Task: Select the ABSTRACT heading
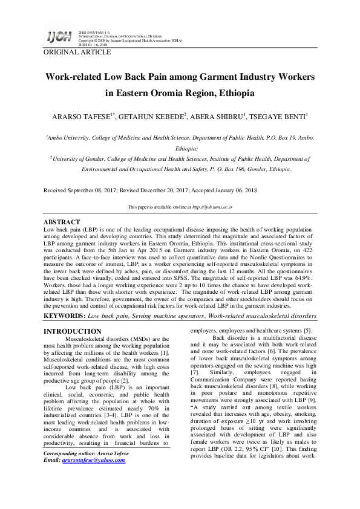coord(62,222)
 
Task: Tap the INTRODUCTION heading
coord(73,331)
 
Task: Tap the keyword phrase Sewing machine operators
coord(160,316)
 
